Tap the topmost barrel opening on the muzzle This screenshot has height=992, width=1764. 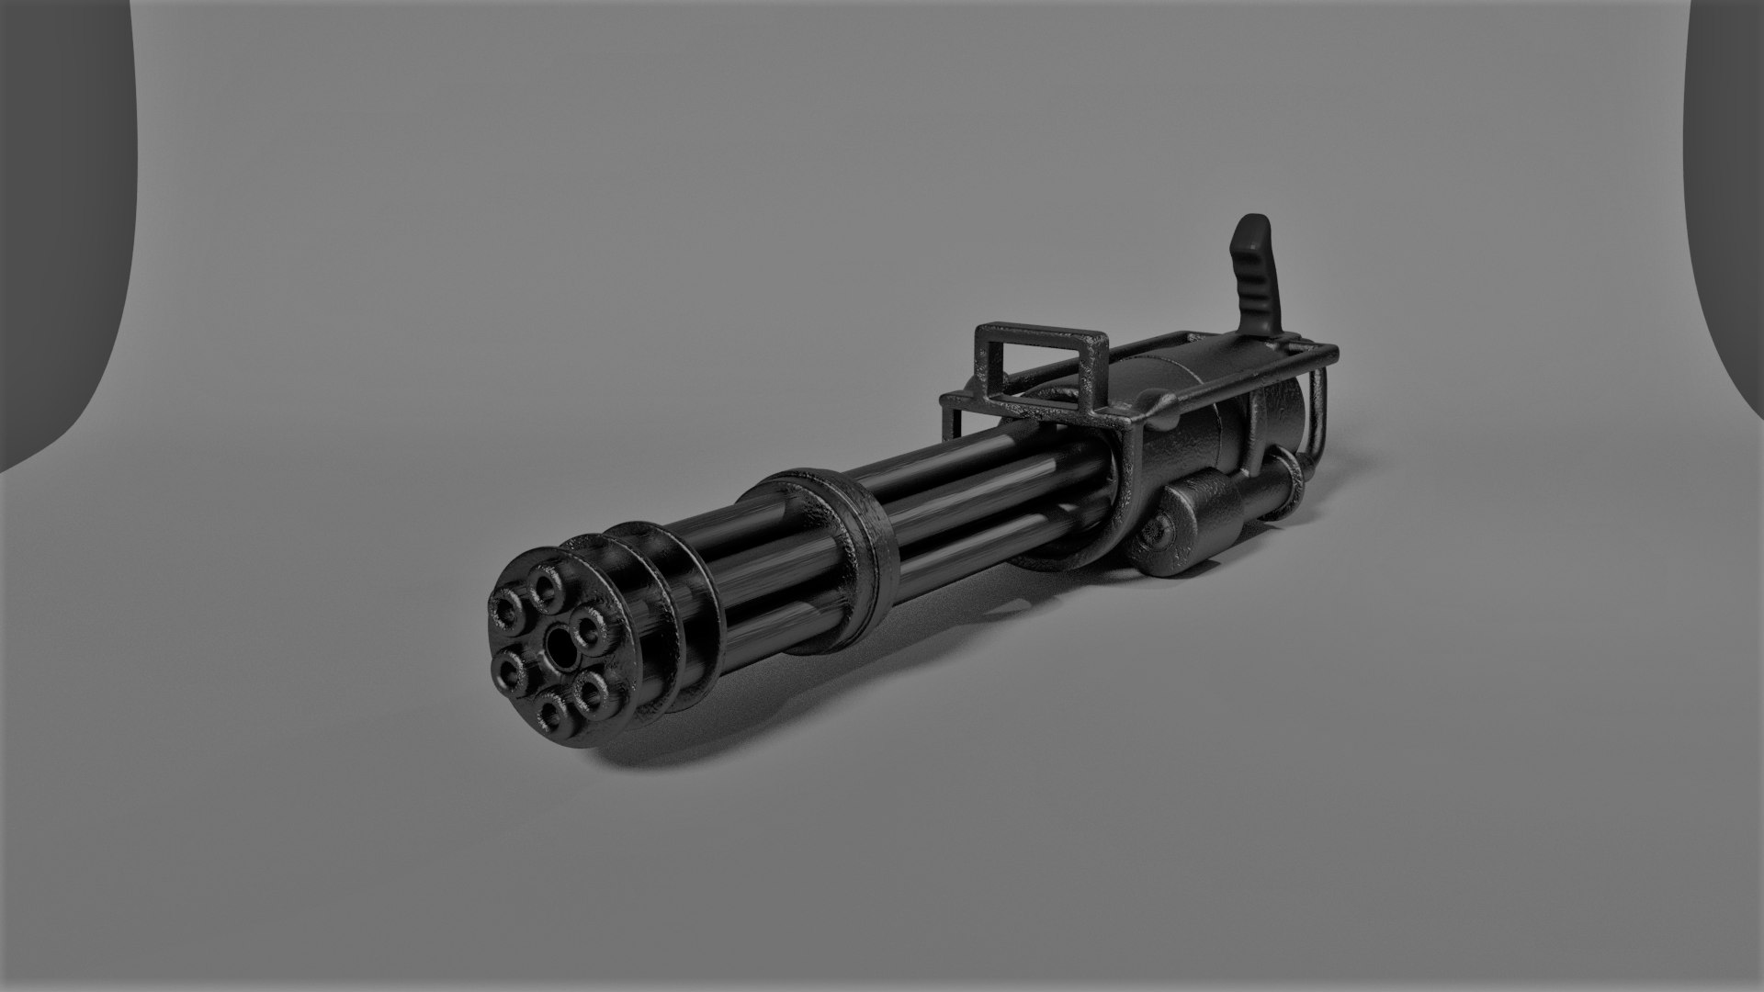(x=548, y=587)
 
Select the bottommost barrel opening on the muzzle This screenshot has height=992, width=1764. (x=551, y=709)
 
